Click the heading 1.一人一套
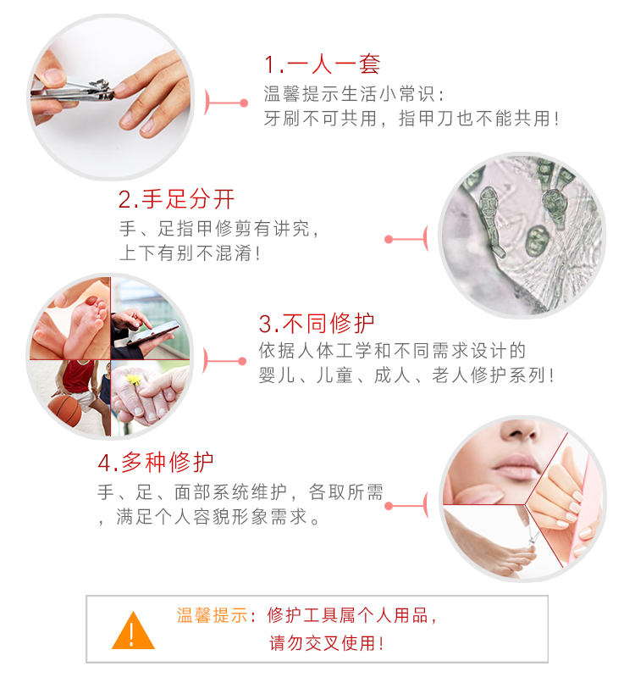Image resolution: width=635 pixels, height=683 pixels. (x=323, y=64)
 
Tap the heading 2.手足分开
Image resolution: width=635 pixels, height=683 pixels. (x=176, y=199)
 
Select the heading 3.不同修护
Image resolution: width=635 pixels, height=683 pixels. (x=317, y=323)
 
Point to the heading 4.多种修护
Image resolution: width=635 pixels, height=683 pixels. (x=156, y=462)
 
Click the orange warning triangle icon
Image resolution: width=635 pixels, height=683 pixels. (x=133, y=630)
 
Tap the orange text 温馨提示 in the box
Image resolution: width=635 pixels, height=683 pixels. (x=213, y=615)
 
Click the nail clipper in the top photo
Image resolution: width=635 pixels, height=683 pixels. (x=73, y=91)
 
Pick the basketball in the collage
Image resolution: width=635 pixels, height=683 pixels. (x=65, y=410)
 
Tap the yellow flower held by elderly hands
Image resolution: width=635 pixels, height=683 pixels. (x=134, y=379)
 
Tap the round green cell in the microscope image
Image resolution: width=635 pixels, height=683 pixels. (x=538, y=241)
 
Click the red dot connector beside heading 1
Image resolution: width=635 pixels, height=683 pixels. (x=244, y=103)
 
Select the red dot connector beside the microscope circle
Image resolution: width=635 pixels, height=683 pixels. (x=389, y=239)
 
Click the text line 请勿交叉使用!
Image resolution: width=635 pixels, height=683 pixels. (x=327, y=643)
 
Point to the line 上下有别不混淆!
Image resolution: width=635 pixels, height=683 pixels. (x=190, y=253)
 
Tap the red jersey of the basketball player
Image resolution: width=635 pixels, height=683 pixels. (x=78, y=376)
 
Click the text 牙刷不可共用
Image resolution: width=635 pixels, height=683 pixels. (x=320, y=118)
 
